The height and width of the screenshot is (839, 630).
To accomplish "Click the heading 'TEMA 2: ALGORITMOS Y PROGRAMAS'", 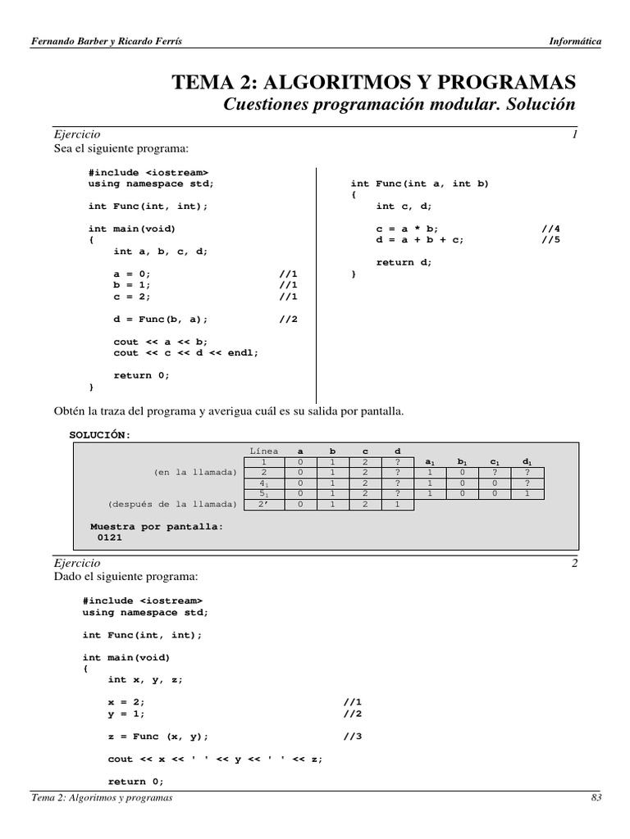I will coord(373,82).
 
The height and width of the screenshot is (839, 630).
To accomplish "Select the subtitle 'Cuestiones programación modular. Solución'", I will coord(399,105).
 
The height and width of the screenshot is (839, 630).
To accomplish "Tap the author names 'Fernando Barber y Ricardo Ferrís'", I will coord(107,41).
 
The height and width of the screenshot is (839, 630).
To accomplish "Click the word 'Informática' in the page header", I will coord(574,41).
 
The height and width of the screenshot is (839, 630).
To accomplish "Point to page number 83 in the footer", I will coord(596,798).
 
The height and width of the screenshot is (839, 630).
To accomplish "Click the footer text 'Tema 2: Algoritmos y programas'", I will coord(102,798).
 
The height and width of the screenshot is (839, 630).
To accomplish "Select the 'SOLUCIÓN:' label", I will coord(100,434).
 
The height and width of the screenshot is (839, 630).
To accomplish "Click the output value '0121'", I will coord(110,537).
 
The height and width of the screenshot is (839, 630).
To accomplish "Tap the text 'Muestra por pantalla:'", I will coord(156,527).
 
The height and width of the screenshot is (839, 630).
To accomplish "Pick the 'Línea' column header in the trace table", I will coord(263,451).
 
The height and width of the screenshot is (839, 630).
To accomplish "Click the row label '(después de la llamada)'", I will coord(172,505).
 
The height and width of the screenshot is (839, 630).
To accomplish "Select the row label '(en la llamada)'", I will coord(195,473).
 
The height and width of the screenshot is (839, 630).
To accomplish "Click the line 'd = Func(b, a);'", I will coord(161,320).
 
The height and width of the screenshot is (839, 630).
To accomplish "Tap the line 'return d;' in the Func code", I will coord(403,262).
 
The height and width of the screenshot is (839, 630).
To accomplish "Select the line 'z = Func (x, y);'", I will coord(157,736).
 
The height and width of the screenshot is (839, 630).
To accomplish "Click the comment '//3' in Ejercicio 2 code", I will coord(353,736).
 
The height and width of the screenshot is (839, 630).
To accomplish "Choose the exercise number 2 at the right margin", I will coord(575,563).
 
